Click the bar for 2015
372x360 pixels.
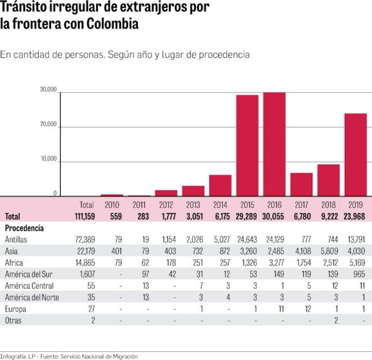click(248, 145)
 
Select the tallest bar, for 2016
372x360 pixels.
click(274, 144)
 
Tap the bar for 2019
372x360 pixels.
click(355, 154)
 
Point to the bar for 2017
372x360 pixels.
click(301, 184)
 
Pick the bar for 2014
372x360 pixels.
click(220, 185)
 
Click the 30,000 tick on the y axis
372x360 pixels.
click(48, 90)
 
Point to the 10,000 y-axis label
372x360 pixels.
click(48, 159)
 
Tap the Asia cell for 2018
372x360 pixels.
click(329, 251)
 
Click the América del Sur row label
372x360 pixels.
click(28, 274)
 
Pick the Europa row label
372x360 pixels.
click(15, 309)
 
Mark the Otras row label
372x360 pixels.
click(13, 320)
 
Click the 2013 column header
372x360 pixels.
click(193, 205)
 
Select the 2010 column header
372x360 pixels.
click(112, 205)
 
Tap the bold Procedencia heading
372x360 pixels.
click(24, 228)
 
